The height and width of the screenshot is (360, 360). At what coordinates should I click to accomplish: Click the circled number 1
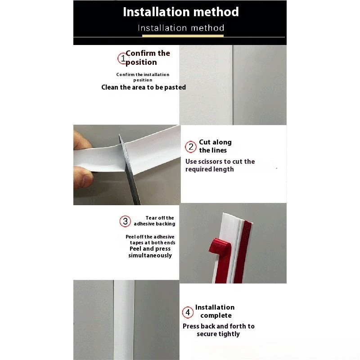point(122,58)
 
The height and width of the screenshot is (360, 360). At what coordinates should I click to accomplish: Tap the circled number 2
point(191,147)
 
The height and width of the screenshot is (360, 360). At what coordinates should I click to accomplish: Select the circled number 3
point(125,221)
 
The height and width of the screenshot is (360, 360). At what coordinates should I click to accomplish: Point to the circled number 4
point(188,312)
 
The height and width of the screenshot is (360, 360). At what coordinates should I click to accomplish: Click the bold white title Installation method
point(181,12)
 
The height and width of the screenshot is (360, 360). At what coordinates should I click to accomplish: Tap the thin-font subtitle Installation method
point(181,28)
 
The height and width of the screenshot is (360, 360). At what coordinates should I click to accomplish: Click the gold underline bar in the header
point(183,36)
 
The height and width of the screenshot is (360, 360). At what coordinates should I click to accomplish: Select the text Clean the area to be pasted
point(144,87)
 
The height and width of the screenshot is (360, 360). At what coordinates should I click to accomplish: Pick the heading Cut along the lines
point(216,146)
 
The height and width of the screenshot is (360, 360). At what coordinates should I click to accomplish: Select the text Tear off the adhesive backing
point(154,220)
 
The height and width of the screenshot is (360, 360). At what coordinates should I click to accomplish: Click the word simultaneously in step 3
point(150,255)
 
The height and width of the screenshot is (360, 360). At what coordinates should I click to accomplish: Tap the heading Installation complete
point(215,311)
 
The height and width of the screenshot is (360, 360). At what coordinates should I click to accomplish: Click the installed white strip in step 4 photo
point(124,320)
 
